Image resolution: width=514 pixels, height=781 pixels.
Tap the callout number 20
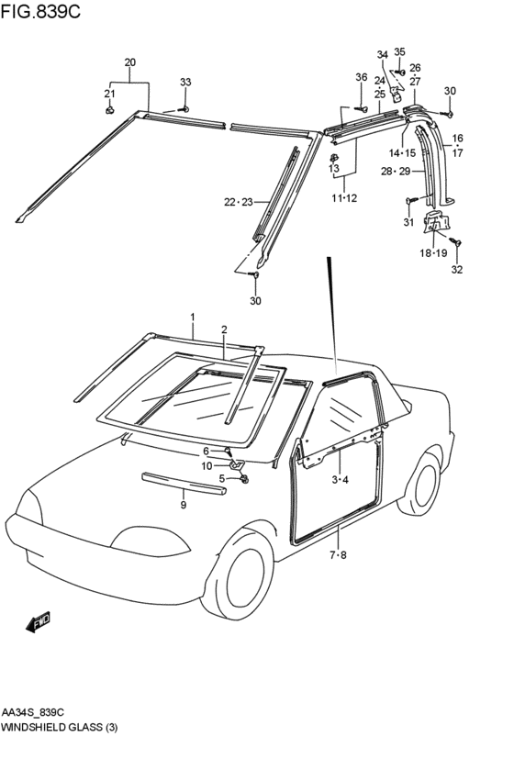[129, 62]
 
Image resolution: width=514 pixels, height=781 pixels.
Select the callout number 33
[185, 83]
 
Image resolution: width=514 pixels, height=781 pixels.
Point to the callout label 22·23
[239, 202]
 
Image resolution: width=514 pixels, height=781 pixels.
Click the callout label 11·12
[344, 198]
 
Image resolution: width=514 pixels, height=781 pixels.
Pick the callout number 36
[361, 77]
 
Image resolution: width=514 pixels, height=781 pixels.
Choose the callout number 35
[399, 52]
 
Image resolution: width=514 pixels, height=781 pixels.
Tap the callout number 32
[457, 270]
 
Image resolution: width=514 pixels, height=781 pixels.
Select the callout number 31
[408, 222]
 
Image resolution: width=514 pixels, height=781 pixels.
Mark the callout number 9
[183, 505]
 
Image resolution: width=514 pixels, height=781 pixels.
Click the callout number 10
[207, 465]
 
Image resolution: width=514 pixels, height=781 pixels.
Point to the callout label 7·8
[338, 555]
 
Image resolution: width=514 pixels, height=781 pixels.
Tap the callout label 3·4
[340, 480]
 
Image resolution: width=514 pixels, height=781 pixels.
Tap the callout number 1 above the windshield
[193, 317]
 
